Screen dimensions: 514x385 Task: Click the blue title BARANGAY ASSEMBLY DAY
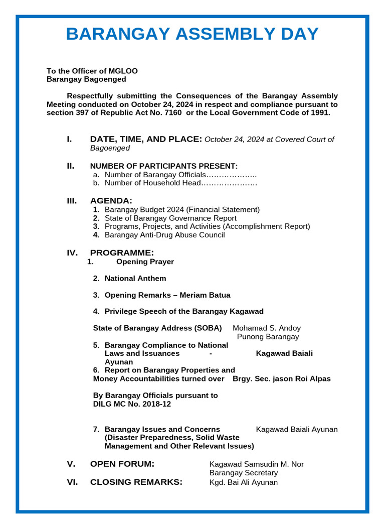coord(192,34)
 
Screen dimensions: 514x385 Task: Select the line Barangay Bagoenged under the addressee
coord(86,79)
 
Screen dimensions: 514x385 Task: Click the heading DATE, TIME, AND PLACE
coord(146,139)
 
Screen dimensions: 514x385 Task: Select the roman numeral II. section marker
coord(71,166)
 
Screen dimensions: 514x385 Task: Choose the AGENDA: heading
coord(111,201)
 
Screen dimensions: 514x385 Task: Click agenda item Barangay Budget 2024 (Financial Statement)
coord(182,210)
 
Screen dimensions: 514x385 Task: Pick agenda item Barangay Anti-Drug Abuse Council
coord(164,235)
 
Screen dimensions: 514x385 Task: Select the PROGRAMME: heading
coord(122,252)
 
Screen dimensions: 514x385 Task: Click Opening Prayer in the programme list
coord(145,262)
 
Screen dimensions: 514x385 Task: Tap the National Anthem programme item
coord(135,279)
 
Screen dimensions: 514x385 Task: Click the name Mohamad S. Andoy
coord(267,328)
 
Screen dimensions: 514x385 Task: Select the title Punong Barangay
coord(268,337)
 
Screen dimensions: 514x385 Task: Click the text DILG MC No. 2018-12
coord(132,404)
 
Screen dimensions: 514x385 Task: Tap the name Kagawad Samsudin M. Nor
coord(256,464)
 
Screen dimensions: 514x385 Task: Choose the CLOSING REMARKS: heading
coord(136,482)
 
